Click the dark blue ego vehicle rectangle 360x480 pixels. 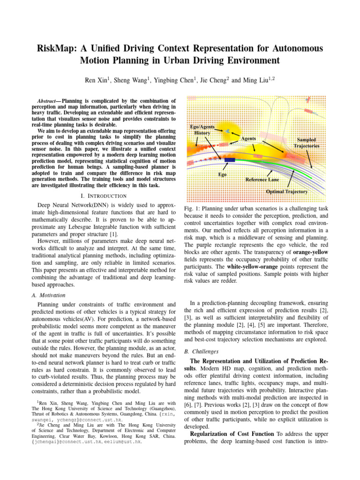[x=230, y=160]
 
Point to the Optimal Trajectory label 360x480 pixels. [x=287, y=192]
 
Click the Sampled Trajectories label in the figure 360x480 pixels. [x=307, y=142]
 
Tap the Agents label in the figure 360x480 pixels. [x=248, y=139]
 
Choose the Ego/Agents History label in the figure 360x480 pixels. [x=202, y=130]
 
